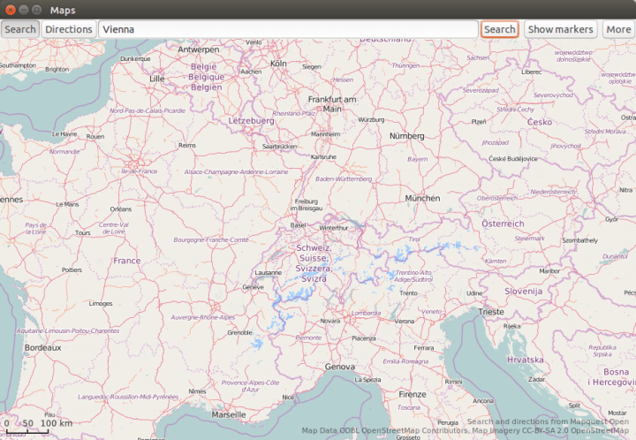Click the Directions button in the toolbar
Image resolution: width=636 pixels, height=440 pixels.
[69, 29]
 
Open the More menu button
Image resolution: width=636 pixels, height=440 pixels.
[618, 29]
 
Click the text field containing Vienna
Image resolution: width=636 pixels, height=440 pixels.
[288, 29]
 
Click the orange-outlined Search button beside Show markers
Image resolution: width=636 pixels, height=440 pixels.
[499, 29]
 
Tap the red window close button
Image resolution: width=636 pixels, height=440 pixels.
[10, 9]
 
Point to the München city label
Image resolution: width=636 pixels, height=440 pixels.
[421, 199]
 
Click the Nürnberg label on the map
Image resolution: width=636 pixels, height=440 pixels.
[407, 136]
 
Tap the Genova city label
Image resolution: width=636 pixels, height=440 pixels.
[339, 366]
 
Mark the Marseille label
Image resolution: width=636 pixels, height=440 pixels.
[229, 413]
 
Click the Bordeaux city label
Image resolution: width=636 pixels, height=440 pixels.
[42, 348]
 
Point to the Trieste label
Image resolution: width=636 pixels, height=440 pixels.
[491, 312]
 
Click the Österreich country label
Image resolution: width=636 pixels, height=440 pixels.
[503, 224]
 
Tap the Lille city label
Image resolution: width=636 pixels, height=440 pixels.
[157, 79]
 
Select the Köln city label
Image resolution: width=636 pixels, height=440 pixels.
[279, 64]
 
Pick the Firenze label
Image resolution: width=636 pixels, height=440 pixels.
[412, 394]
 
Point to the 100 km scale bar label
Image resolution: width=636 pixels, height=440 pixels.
[57, 423]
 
